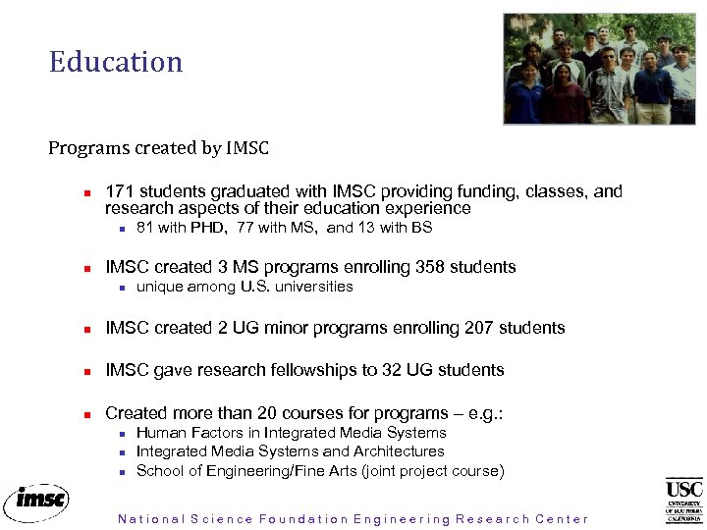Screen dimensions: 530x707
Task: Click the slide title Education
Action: (116, 62)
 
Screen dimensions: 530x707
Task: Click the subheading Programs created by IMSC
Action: (158, 148)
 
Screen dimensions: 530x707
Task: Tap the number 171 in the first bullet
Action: (119, 191)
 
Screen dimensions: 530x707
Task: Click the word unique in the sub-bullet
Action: (158, 287)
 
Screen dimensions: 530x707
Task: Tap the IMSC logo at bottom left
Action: (36, 501)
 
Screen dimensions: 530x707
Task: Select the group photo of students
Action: (598, 69)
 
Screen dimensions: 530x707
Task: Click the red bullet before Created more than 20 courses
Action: (87, 414)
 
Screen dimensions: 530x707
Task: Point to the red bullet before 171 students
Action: (87, 193)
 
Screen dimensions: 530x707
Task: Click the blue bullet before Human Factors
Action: (119, 434)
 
